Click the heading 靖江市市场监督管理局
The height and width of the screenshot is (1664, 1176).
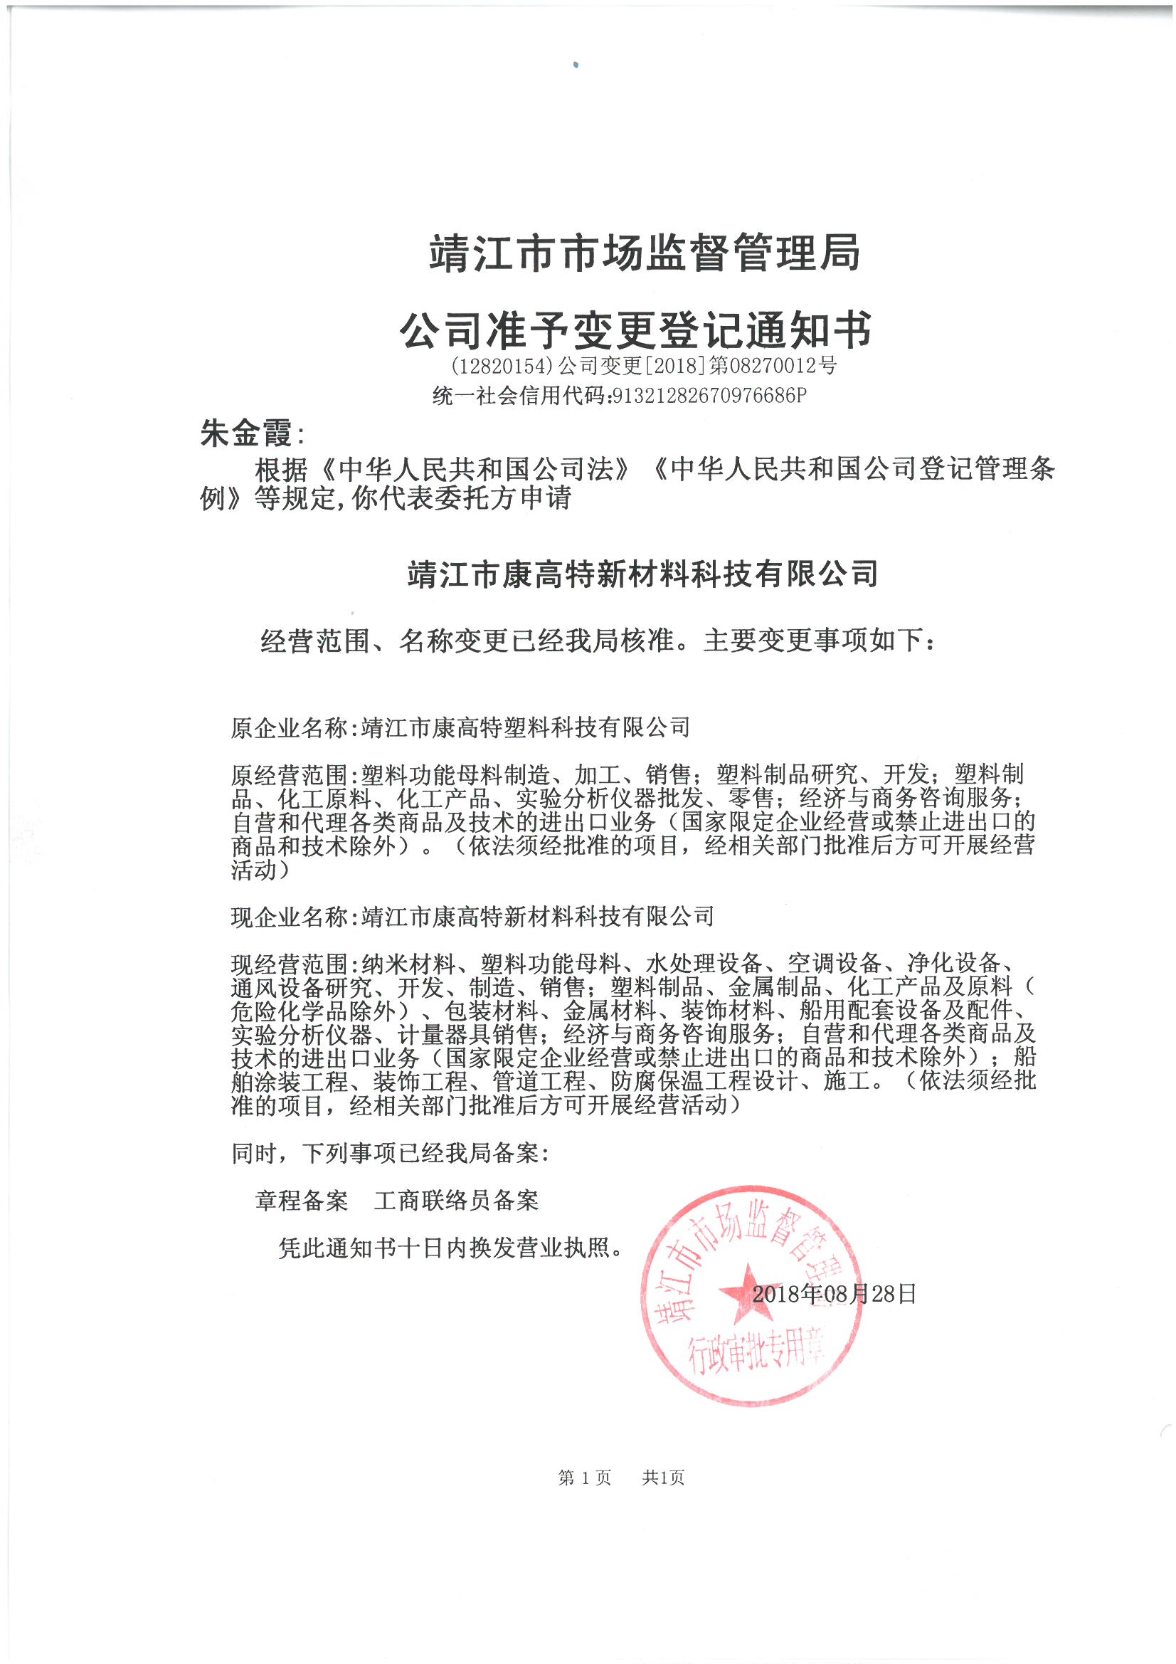pos(644,253)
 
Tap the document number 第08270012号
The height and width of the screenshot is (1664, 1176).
pos(773,365)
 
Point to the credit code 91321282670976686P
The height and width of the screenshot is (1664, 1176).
pos(709,396)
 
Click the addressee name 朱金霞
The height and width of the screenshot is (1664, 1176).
pos(246,433)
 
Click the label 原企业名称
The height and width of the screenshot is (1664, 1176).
pos(290,727)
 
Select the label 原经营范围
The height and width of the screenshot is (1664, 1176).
pos(290,776)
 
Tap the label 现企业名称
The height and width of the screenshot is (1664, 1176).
pos(290,917)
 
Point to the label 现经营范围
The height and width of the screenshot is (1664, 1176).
pos(290,964)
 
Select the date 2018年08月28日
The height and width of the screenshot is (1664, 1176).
pos(834,1294)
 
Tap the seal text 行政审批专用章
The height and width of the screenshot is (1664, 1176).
pos(756,1352)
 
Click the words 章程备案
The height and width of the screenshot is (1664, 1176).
pos(302,1201)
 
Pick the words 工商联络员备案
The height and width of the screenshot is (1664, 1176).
pos(457,1201)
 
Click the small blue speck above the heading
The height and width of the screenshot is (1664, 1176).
pos(576,65)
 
